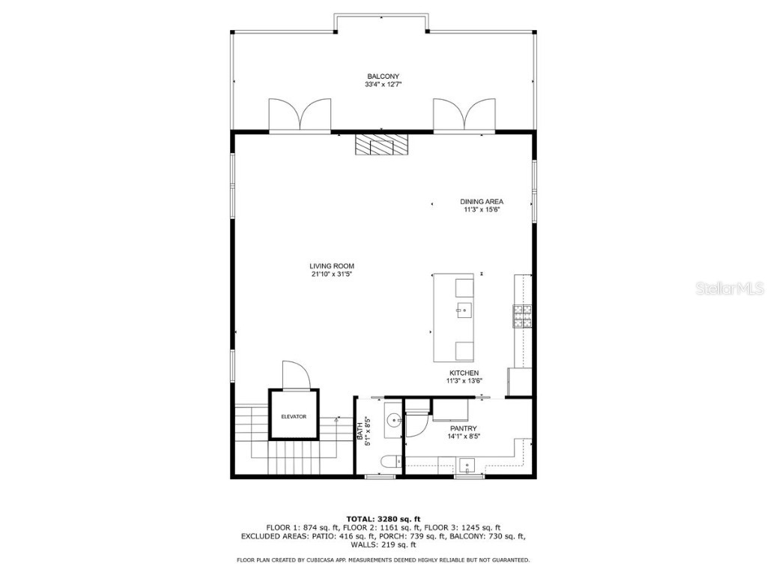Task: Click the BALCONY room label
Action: pos(383,76)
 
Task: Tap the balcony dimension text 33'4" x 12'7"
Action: pos(383,85)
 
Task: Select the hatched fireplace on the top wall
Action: pos(383,144)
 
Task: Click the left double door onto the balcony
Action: pos(300,115)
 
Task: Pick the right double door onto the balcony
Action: pos(465,115)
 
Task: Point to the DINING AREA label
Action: pos(481,201)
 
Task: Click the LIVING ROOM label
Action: pos(332,266)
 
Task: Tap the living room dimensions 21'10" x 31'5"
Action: pos(332,274)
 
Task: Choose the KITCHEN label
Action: pos(464,373)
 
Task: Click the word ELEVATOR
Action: pos(294,417)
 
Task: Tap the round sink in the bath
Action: pos(394,423)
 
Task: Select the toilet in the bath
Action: pos(386,463)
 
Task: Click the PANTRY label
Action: pos(464,428)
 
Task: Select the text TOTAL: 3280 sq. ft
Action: pos(383,519)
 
